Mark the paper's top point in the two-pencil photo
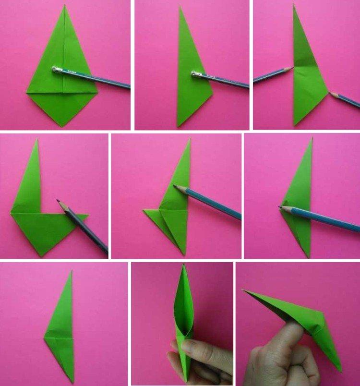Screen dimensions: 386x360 pyautogui.click(x=294, y=5)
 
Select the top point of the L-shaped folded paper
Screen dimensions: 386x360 pyautogui.click(x=36, y=140)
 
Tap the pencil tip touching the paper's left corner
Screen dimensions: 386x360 pyautogui.click(x=280, y=207)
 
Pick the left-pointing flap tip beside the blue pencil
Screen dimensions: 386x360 pyautogui.click(x=144, y=211)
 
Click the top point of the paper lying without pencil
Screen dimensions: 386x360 pyautogui.click(x=72, y=271)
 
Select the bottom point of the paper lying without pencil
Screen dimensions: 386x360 pyautogui.click(x=73, y=382)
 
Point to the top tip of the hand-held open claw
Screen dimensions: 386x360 pyautogui.click(x=183, y=265)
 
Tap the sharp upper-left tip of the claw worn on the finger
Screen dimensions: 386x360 pyautogui.click(x=242, y=290)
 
